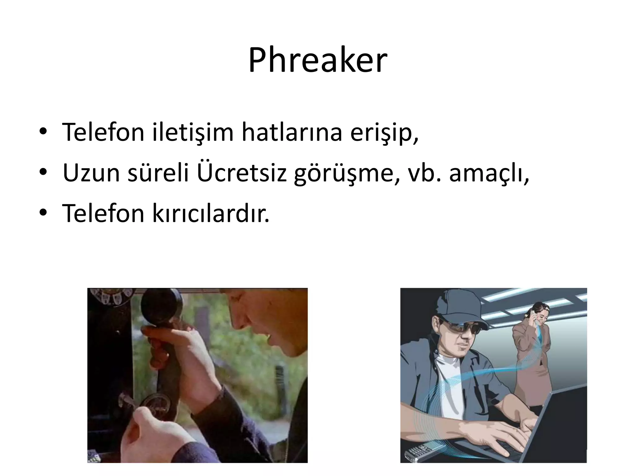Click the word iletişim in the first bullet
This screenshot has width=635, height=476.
(x=193, y=133)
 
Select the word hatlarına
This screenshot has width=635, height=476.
(x=292, y=133)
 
